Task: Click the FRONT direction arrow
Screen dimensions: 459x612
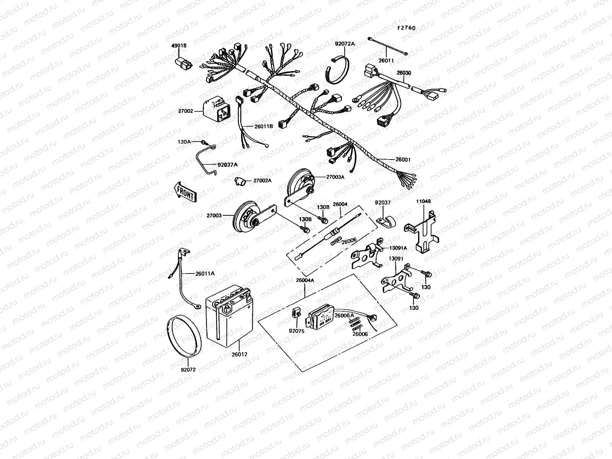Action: pos(185,192)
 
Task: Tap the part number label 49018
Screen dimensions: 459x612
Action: pos(179,46)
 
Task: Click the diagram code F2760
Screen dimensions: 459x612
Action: pos(406,28)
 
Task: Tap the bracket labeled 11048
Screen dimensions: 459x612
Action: pos(421,233)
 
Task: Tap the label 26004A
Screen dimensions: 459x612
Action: pos(305,280)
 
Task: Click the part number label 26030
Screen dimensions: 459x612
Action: pos(404,73)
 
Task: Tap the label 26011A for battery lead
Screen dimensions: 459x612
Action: pos(205,273)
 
